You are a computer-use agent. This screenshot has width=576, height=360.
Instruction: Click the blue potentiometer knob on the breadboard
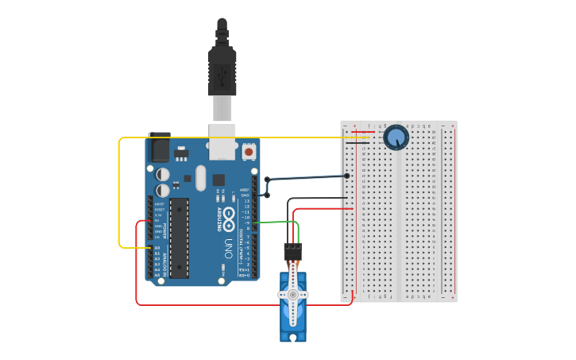click(x=396, y=138)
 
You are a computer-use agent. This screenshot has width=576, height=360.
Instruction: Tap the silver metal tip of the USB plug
click(x=222, y=107)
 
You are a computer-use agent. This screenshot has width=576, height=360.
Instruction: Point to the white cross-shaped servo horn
click(x=292, y=295)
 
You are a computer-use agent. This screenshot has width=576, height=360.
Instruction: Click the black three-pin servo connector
click(x=292, y=252)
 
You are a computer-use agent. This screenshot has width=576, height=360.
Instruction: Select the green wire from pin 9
click(x=278, y=223)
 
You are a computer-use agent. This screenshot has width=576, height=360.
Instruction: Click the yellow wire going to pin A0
click(x=119, y=191)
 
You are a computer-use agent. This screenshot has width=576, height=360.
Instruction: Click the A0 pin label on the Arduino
click(x=157, y=248)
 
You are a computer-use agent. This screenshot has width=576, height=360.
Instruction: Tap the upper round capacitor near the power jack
click(x=163, y=174)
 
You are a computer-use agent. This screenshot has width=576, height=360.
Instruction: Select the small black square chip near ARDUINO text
click(x=218, y=180)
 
